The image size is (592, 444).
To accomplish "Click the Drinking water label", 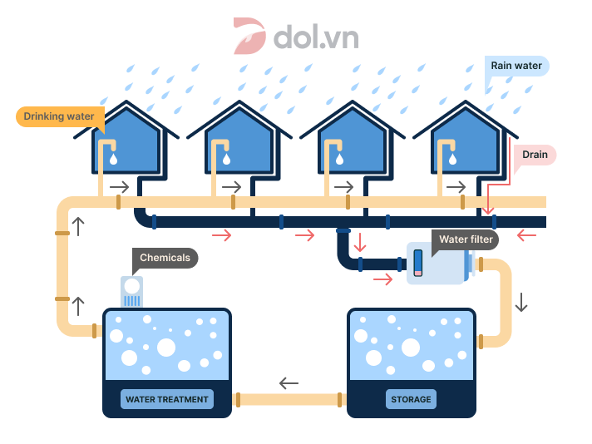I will point(59,116).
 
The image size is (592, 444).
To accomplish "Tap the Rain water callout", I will point(516,66).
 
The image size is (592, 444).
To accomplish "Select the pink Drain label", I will point(535,155).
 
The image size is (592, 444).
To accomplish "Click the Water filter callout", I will point(466,239).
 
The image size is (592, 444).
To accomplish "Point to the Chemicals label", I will point(165,258).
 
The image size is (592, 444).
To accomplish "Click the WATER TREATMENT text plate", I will point(166,400).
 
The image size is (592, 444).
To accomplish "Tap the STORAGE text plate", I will point(412,400).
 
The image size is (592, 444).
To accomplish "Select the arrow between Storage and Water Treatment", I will point(289,383).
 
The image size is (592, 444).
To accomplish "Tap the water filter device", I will point(437,263).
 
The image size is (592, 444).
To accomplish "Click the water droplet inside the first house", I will point(115,156).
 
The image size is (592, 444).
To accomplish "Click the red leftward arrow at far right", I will point(526,236).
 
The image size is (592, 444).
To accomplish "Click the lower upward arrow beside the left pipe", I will point(79,305).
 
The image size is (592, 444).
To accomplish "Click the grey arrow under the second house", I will point(231,186).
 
